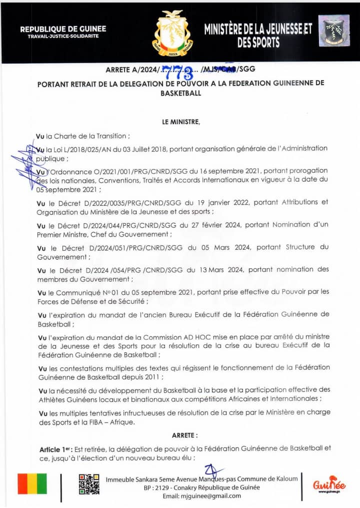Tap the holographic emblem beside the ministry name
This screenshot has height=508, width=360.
point(334,33)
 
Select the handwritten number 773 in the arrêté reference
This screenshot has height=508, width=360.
point(180,73)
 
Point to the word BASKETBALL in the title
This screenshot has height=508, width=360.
point(180,93)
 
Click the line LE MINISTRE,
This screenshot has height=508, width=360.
point(180,122)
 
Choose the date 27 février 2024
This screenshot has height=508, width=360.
point(216,225)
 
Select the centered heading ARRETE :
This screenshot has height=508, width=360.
point(184,435)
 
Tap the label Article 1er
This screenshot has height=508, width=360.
point(55,448)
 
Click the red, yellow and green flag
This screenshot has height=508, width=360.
point(32,484)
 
